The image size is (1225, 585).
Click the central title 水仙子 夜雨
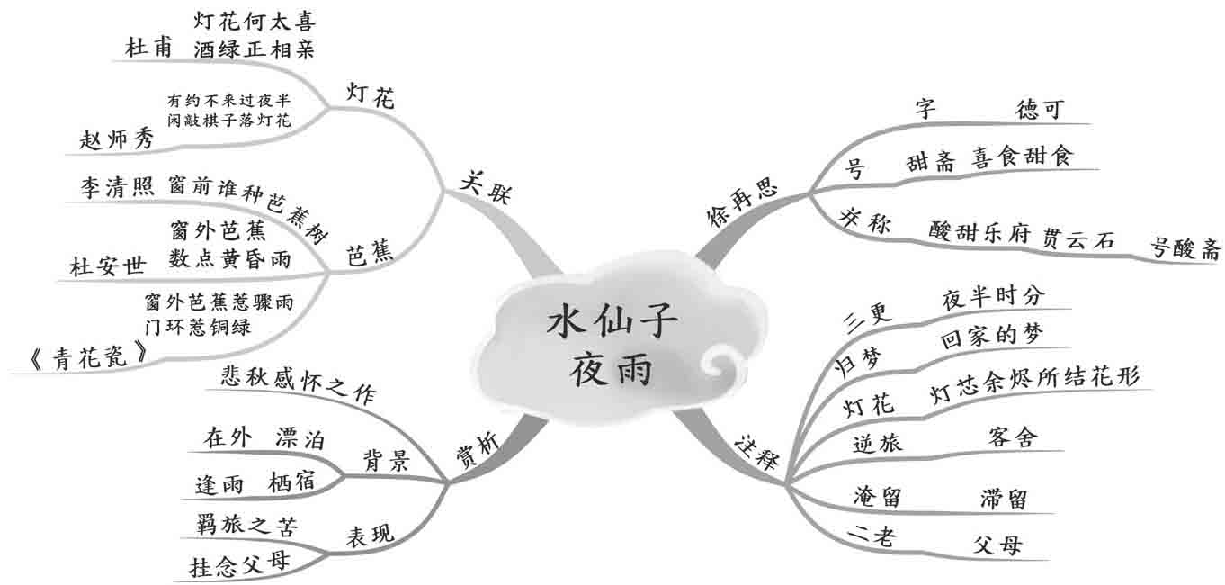coord(611,345)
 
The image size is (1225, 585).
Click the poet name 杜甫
coord(149,49)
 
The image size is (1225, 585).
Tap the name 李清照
coord(117,186)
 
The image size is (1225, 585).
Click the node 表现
coord(370,535)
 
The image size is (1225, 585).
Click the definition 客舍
coord(1012,438)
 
